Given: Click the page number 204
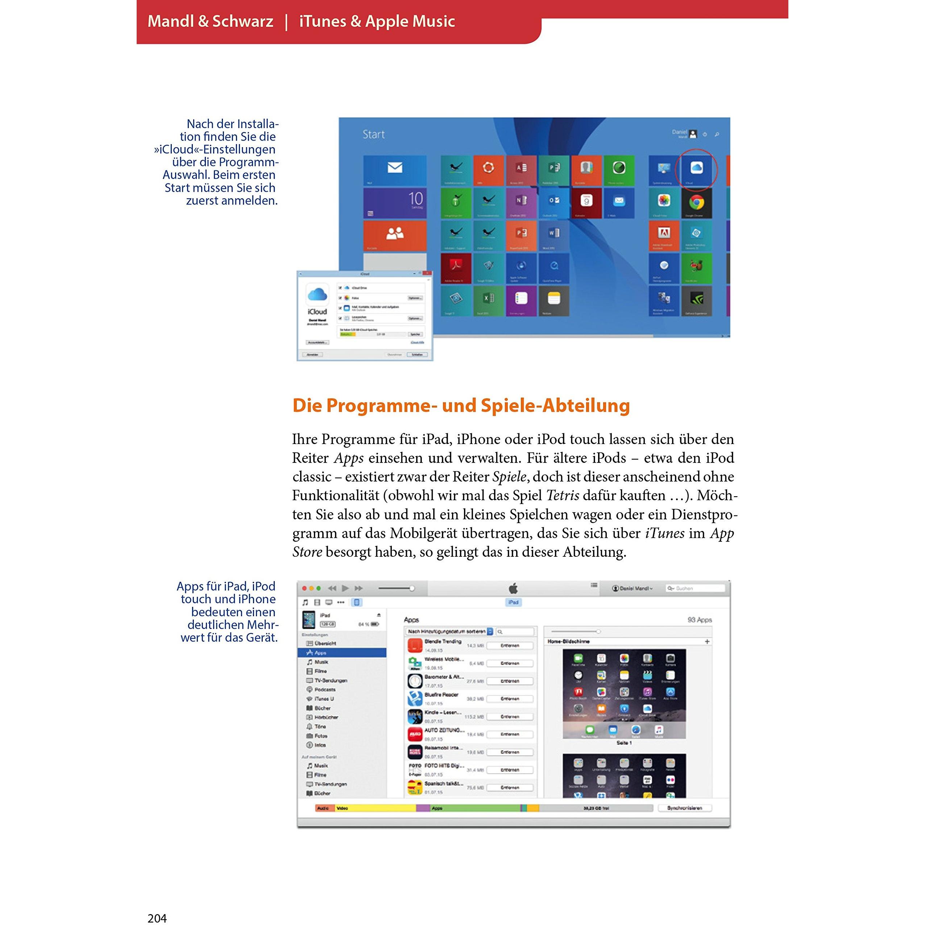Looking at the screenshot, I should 157,917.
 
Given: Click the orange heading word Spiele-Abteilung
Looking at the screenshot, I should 555,406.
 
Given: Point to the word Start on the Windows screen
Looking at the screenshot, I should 373,134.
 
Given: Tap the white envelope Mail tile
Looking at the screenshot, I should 394,170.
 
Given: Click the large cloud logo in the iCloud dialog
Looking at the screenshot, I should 317,294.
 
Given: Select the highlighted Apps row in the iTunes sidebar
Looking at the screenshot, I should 341,652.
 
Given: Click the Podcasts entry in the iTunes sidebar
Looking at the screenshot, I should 325,689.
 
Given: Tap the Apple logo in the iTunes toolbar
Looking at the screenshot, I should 513,588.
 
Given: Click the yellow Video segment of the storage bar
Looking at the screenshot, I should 376,808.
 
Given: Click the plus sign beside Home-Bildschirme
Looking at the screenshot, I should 707,642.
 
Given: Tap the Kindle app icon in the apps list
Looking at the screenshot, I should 415,717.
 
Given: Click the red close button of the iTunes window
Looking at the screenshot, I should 304,588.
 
